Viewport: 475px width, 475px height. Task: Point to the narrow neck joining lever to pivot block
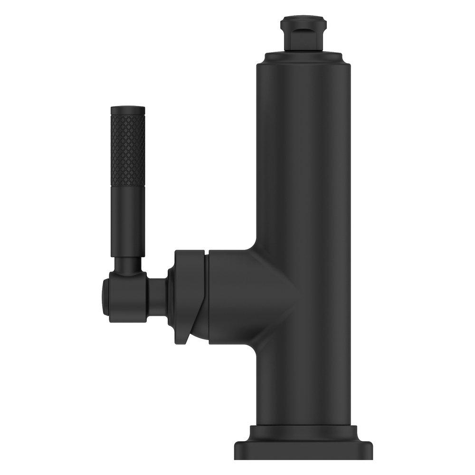(x=128, y=264)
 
